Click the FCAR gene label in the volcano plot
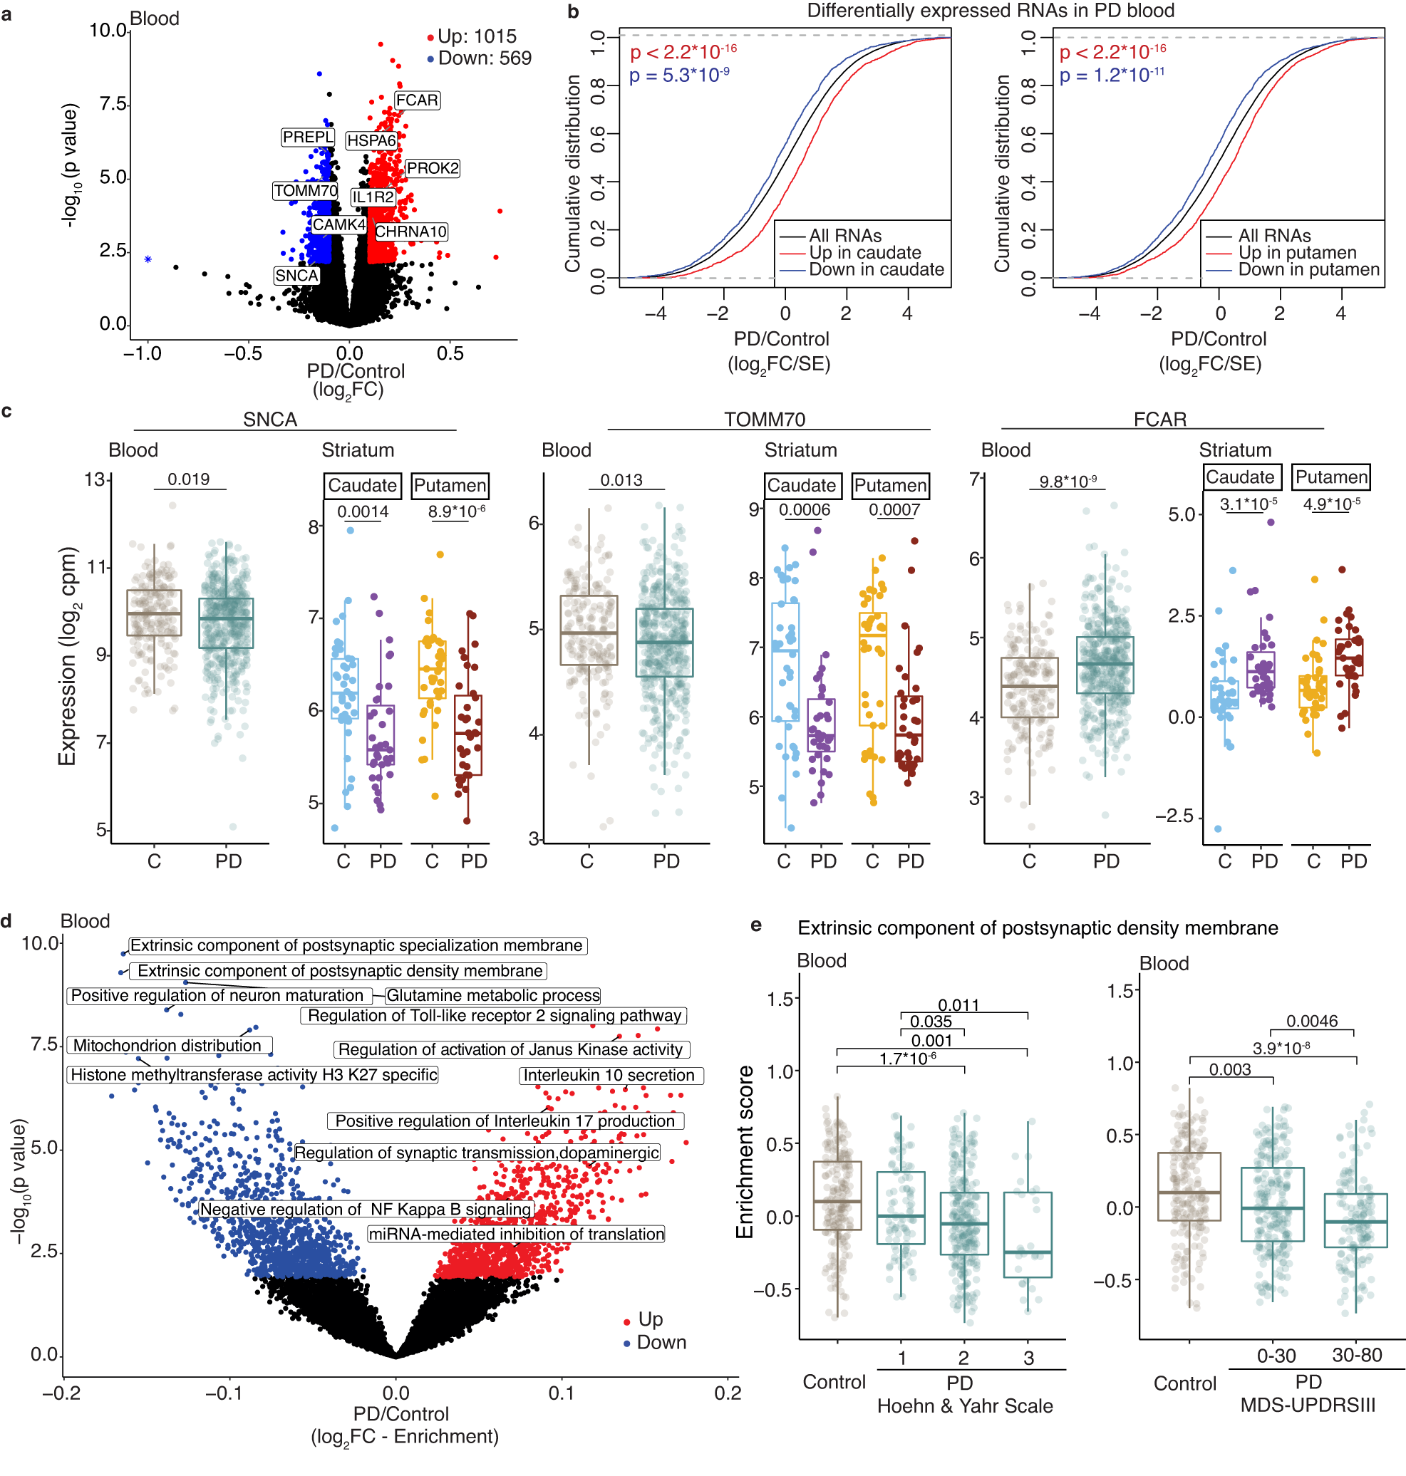coord(417,100)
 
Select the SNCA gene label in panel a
coord(296,276)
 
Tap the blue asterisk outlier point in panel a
coord(148,259)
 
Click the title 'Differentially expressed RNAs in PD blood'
coord(990,11)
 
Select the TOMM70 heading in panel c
coord(765,419)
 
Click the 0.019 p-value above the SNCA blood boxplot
coord(188,479)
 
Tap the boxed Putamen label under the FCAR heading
coord(1331,477)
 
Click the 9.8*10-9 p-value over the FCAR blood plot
coord(1068,482)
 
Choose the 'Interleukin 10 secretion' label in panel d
coord(609,1075)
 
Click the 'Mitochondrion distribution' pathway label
coord(167,1045)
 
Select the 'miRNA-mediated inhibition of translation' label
coord(516,1234)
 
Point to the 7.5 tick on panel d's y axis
coord(43,1044)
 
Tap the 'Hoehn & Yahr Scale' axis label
coord(965,1406)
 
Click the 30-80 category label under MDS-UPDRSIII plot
coord(1357,1356)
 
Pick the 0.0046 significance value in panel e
coord(1311,1022)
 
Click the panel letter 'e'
coord(756,925)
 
